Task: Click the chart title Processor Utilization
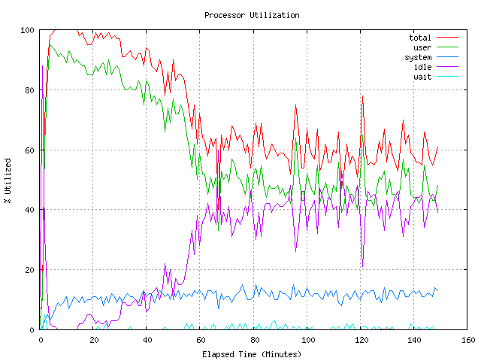click(x=252, y=15)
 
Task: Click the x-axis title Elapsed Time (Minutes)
click(x=252, y=353)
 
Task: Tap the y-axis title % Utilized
click(x=8, y=180)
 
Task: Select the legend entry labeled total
click(x=420, y=37)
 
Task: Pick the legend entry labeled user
click(x=422, y=47)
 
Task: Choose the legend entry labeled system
click(x=418, y=57)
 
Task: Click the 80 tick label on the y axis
click(x=29, y=90)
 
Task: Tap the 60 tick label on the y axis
click(x=29, y=150)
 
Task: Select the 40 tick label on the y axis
click(x=29, y=210)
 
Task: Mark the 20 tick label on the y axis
click(x=29, y=270)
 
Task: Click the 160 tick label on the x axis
click(x=467, y=340)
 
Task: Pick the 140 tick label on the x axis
click(x=413, y=340)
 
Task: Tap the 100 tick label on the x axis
click(x=307, y=340)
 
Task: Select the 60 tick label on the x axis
click(x=201, y=340)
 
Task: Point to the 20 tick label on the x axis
click(x=94, y=340)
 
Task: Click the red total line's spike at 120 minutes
click(x=362, y=96)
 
